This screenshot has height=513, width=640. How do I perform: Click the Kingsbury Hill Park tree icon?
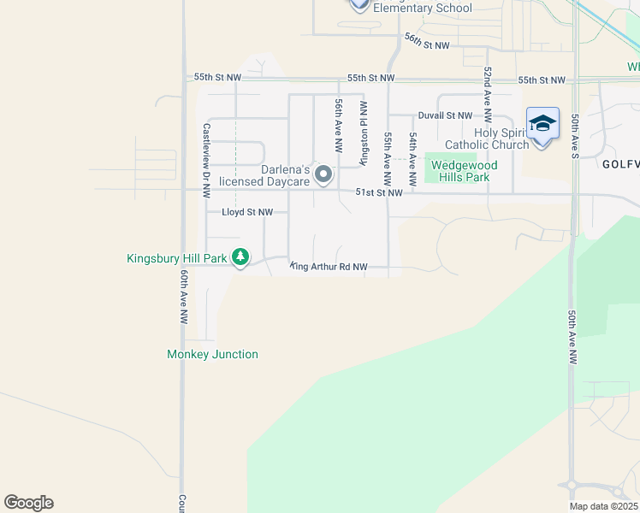(241, 256)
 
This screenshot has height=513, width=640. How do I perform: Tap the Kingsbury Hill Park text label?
(176, 256)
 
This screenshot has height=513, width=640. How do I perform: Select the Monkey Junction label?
(212, 354)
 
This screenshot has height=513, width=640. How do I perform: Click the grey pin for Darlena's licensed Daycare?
(323, 174)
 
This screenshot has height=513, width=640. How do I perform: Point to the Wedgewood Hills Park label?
(459, 171)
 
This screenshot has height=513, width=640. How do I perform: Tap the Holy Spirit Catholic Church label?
(490, 139)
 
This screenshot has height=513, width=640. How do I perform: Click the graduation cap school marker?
(542, 126)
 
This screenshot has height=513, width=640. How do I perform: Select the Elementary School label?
(422, 9)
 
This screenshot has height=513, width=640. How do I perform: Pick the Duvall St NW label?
(445, 115)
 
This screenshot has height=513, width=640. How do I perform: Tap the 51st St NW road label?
(378, 193)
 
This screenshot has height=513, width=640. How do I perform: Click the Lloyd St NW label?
(247, 212)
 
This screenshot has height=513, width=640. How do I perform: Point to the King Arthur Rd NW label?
(329, 267)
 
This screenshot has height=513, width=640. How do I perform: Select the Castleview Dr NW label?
(206, 150)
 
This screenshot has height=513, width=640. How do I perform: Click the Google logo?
(28, 503)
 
